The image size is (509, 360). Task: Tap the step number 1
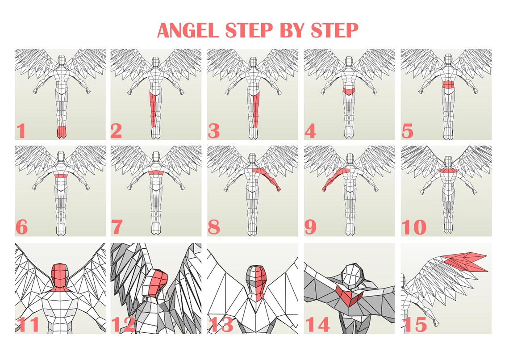click(21, 131)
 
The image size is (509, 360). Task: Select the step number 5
click(407, 131)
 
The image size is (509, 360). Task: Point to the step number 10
click(413, 227)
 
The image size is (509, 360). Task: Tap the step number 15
click(414, 325)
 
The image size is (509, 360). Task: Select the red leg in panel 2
click(153, 109)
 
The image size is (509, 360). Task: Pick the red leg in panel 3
click(255, 109)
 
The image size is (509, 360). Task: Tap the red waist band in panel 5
click(446, 84)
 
